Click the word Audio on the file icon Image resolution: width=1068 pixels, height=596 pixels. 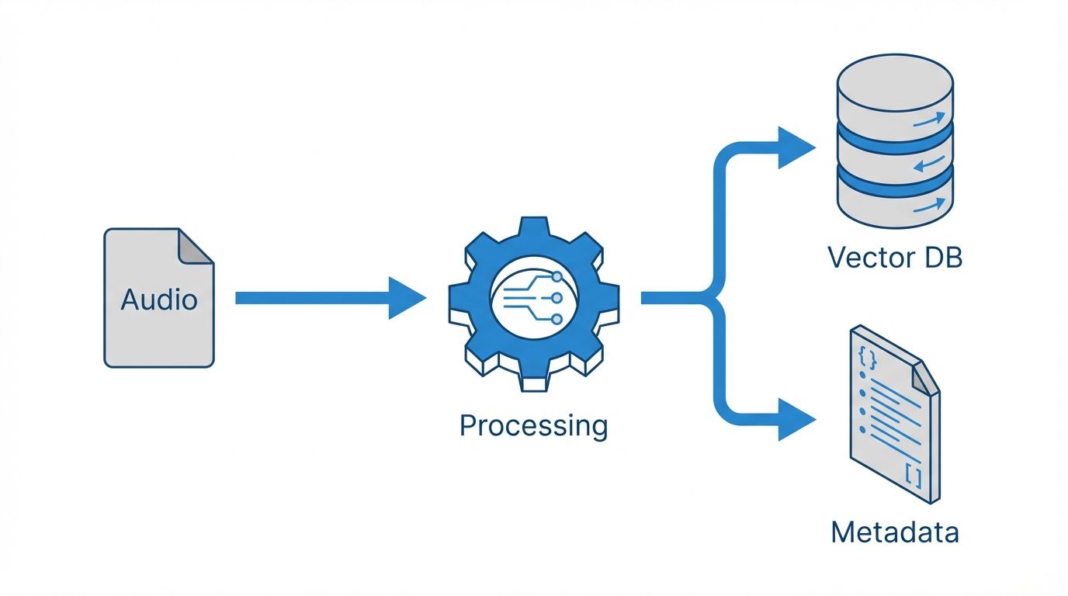[159, 300]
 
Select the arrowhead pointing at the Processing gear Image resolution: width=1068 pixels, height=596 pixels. [407, 298]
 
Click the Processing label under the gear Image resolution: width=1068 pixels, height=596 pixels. [533, 426]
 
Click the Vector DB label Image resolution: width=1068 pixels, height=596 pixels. [895, 257]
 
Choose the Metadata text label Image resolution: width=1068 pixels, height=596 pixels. [894, 532]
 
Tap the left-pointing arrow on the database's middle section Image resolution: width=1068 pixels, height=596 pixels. [929, 163]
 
